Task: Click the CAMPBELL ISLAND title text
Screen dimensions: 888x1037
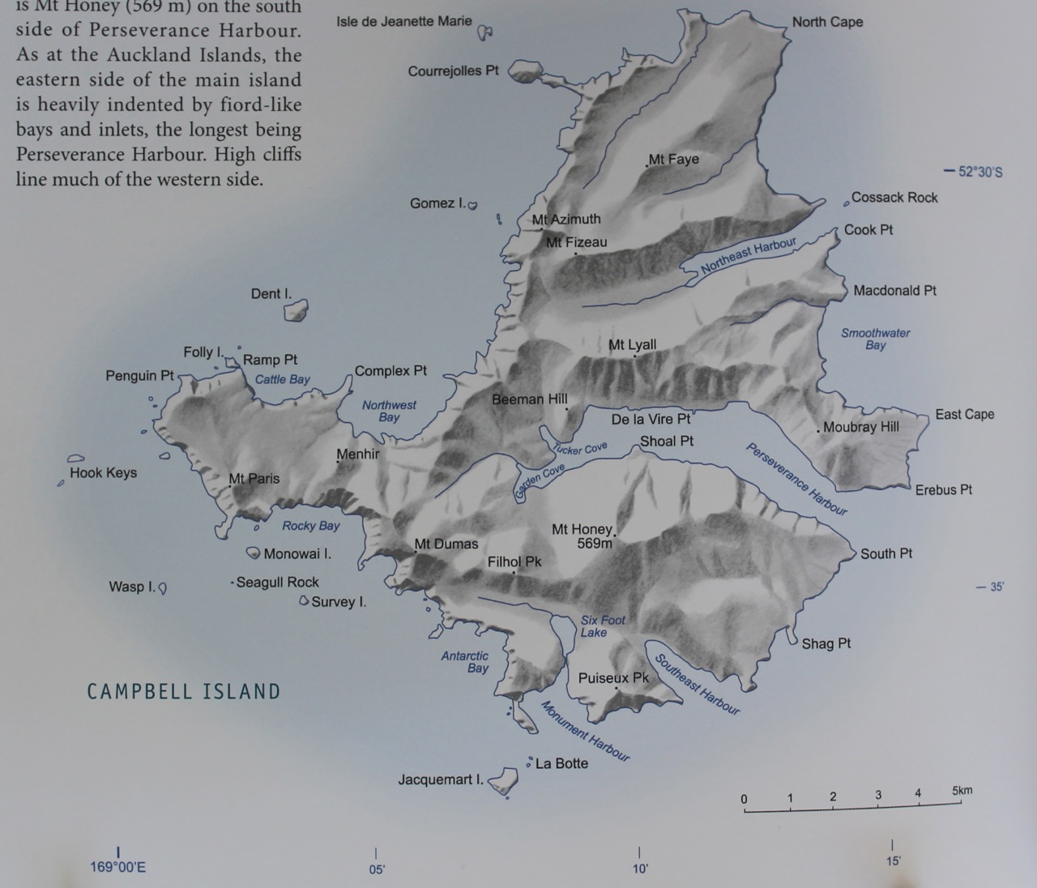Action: (184, 692)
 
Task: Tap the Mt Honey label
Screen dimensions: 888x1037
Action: (581, 529)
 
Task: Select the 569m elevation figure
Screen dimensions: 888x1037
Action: (595, 544)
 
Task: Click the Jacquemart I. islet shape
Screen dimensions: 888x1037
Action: (504, 781)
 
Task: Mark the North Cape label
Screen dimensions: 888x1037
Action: (827, 22)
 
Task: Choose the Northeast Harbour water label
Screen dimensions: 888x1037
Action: (749, 255)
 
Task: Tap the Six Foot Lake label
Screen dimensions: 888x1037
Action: (602, 626)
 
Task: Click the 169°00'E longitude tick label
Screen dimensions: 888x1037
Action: (118, 868)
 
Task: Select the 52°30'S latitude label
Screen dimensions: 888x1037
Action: (979, 172)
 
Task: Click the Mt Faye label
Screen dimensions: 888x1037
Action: (673, 159)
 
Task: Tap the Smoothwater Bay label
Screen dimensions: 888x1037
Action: (875, 339)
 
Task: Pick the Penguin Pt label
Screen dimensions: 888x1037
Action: (139, 375)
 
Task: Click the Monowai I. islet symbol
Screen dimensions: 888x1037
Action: (254, 553)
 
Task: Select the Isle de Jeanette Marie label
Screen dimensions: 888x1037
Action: (403, 21)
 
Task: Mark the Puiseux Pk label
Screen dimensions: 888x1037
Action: (613, 677)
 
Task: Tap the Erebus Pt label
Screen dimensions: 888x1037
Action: (943, 489)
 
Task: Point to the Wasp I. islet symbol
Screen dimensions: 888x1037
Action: (162, 588)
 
